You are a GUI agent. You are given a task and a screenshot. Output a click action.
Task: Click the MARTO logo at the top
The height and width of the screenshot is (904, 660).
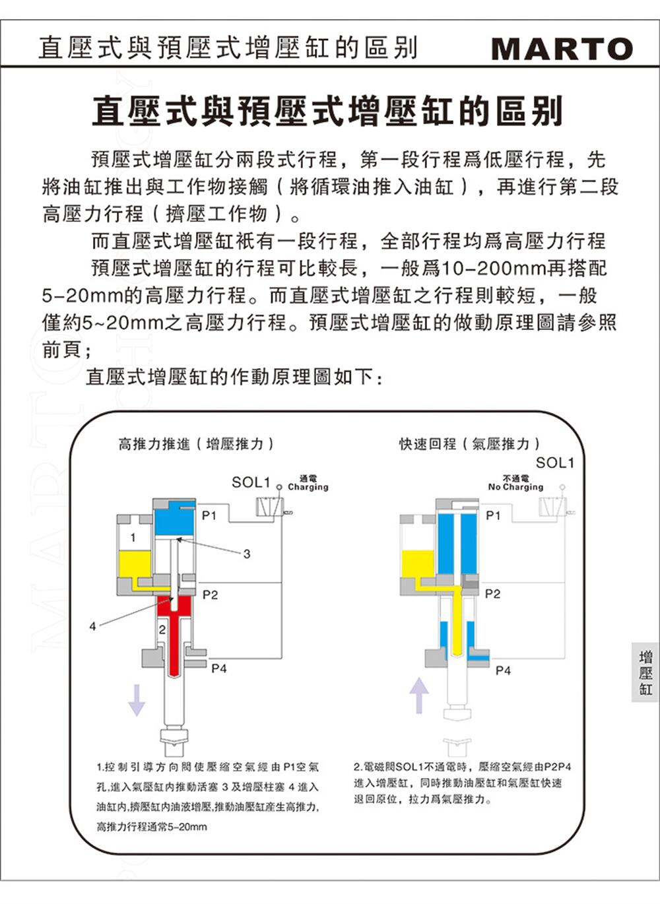coord(562,49)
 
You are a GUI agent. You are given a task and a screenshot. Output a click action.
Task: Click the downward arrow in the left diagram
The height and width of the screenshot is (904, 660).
coord(136,700)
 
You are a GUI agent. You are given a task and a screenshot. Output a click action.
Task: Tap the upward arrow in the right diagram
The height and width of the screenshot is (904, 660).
coord(419,695)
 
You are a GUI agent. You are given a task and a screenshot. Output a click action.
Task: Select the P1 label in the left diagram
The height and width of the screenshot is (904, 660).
coord(209,515)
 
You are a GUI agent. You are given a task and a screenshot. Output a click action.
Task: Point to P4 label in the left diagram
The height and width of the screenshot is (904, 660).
coord(219,668)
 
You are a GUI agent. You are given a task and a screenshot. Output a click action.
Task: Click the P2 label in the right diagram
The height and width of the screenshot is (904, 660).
coord(492,594)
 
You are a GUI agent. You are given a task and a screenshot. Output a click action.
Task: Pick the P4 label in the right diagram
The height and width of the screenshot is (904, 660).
coord(503,670)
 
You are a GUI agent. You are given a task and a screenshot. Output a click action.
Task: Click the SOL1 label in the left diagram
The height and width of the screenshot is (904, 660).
coord(251,482)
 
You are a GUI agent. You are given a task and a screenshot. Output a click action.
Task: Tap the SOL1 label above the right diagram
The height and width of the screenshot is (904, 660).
coord(554,463)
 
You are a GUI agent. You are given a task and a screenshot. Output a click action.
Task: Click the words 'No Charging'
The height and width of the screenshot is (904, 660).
coord(515,487)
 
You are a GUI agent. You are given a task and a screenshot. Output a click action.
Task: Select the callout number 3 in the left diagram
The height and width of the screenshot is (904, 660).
coord(247,554)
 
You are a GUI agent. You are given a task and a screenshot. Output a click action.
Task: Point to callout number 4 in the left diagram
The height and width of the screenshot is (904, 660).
coord(93,626)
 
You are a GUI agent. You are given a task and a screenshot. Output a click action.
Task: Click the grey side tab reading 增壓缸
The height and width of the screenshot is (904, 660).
coord(645,672)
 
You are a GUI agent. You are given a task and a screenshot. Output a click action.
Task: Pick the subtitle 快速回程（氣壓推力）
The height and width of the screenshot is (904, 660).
coord(470,444)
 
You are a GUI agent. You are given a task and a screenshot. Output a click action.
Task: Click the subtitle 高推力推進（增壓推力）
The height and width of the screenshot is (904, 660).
coord(196,444)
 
